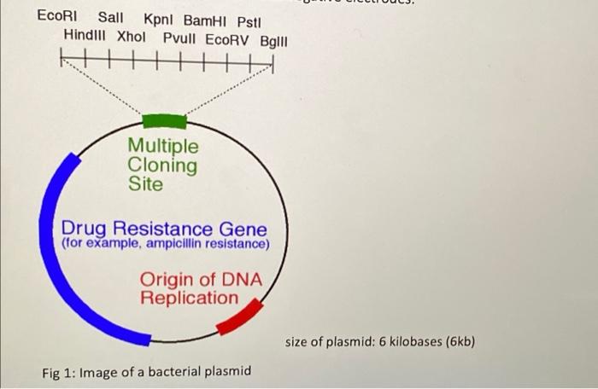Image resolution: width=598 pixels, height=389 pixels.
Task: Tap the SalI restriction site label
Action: [110, 17]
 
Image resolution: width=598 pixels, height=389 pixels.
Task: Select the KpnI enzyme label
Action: [160, 18]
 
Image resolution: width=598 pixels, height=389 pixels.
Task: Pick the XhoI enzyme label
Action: [132, 37]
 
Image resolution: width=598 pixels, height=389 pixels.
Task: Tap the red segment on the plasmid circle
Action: [239, 316]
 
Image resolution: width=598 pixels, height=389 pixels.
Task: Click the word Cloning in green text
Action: [162, 165]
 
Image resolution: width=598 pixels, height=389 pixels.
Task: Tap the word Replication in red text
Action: [190, 298]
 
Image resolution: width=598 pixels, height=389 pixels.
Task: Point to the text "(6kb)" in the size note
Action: [456, 342]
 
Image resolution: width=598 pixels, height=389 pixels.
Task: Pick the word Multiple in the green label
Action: [162, 148]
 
